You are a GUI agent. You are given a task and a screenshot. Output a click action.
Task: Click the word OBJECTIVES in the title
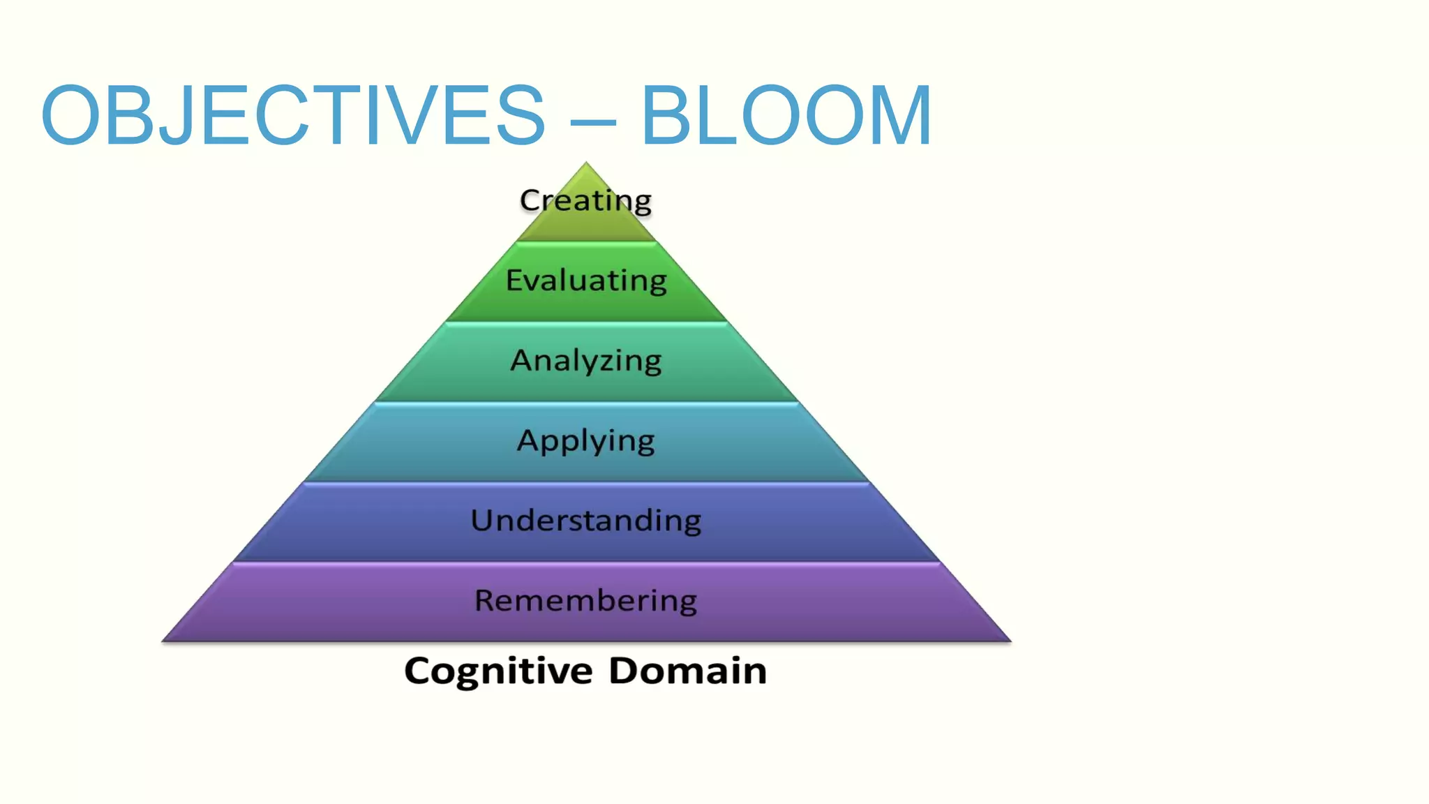(293, 116)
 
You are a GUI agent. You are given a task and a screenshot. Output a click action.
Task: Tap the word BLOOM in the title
(786, 116)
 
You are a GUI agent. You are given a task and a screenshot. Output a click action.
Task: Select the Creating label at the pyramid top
(585, 201)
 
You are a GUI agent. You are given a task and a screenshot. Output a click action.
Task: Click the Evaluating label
(586, 281)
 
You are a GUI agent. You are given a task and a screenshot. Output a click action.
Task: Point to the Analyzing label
(586, 361)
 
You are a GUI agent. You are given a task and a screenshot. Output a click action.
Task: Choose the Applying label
(586, 441)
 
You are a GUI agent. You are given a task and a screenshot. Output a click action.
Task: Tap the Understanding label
(586, 521)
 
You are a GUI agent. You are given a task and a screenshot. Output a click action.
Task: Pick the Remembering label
(586, 601)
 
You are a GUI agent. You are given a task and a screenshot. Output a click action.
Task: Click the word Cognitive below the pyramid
(498, 671)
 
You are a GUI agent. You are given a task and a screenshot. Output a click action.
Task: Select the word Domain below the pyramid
(687, 671)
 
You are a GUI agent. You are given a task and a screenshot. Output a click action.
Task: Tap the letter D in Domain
(624, 671)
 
